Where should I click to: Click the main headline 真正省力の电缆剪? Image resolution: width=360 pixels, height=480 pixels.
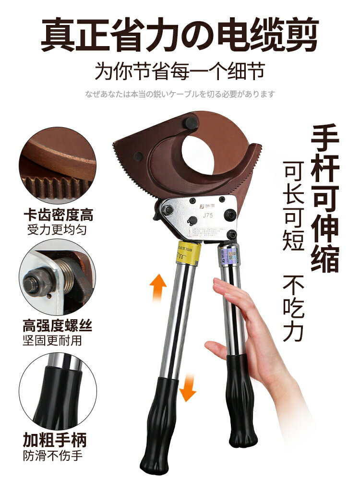point(180,34)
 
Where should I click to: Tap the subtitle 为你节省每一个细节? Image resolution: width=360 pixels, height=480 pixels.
point(180,72)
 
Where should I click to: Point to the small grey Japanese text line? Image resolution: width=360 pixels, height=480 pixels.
point(180,94)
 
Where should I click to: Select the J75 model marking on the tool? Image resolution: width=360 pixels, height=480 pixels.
point(207,215)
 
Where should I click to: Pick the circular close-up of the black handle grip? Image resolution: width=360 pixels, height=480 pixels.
point(57,389)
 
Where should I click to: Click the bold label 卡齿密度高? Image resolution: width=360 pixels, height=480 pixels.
point(58,215)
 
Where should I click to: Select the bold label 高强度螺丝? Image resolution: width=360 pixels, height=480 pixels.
point(57,327)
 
